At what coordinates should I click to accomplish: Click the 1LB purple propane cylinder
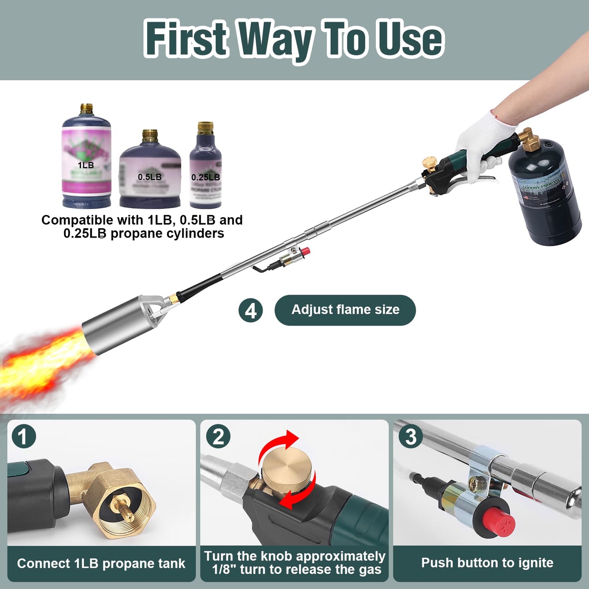[86, 159]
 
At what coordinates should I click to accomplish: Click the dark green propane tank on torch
[544, 192]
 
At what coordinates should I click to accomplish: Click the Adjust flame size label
[345, 310]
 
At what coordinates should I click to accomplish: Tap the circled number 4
[250, 311]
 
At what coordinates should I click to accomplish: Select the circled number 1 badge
[24, 437]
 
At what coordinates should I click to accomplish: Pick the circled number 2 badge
[218, 437]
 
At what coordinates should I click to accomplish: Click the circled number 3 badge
[410, 437]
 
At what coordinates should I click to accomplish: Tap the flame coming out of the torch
[41, 363]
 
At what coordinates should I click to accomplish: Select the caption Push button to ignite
[487, 563]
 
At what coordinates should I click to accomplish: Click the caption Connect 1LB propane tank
[101, 564]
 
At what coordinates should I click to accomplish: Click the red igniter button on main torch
[304, 251]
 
